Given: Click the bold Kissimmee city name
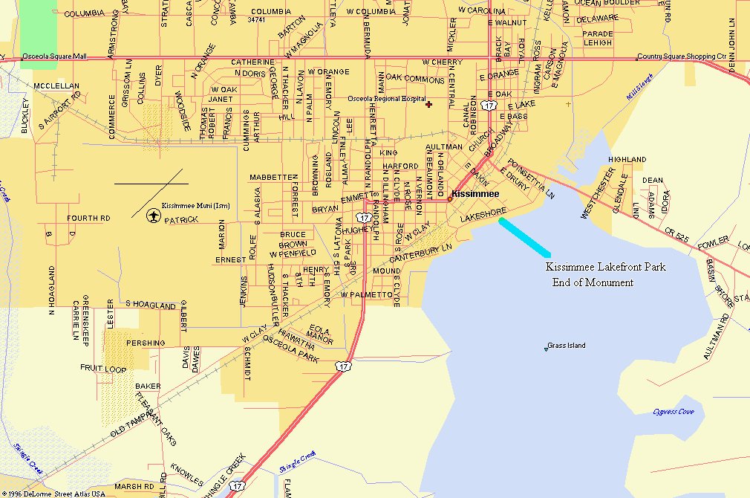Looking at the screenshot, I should [x=475, y=194].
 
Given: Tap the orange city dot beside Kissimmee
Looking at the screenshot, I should [x=449, y=198].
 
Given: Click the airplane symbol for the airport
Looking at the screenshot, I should [x=154, y=216].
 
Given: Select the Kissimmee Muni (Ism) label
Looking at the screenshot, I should [x=195, y=205].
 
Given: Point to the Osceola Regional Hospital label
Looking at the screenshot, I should [x=387, y=99].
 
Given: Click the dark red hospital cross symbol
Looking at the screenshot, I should [x=428, y=105].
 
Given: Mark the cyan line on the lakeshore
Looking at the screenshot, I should [x=525, y=237].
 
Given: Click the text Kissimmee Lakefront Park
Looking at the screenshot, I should [x=606, y=267].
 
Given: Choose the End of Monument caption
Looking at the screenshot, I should [x=593, y=282].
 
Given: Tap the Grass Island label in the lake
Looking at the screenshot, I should [x=567, y=346].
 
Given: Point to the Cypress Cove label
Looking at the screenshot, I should [x=674, y=411].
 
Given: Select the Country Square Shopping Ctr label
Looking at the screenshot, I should [x=682, y=56].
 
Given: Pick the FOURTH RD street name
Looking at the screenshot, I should [x=88, y=219].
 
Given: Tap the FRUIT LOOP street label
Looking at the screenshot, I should [x=103, y=368].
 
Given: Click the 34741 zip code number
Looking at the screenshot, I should [x=256, y=20].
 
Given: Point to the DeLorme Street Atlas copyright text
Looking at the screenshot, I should [x=53, y=493].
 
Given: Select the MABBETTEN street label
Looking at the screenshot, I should [x=273, y=178].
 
